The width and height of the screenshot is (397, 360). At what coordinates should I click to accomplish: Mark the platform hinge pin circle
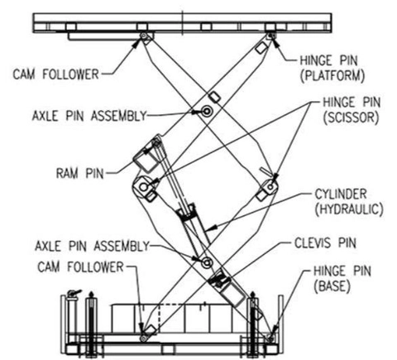pos(271,35)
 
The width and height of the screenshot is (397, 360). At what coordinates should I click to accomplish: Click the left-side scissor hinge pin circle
pos(145,188)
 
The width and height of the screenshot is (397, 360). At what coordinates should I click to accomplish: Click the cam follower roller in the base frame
pos(145,337)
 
